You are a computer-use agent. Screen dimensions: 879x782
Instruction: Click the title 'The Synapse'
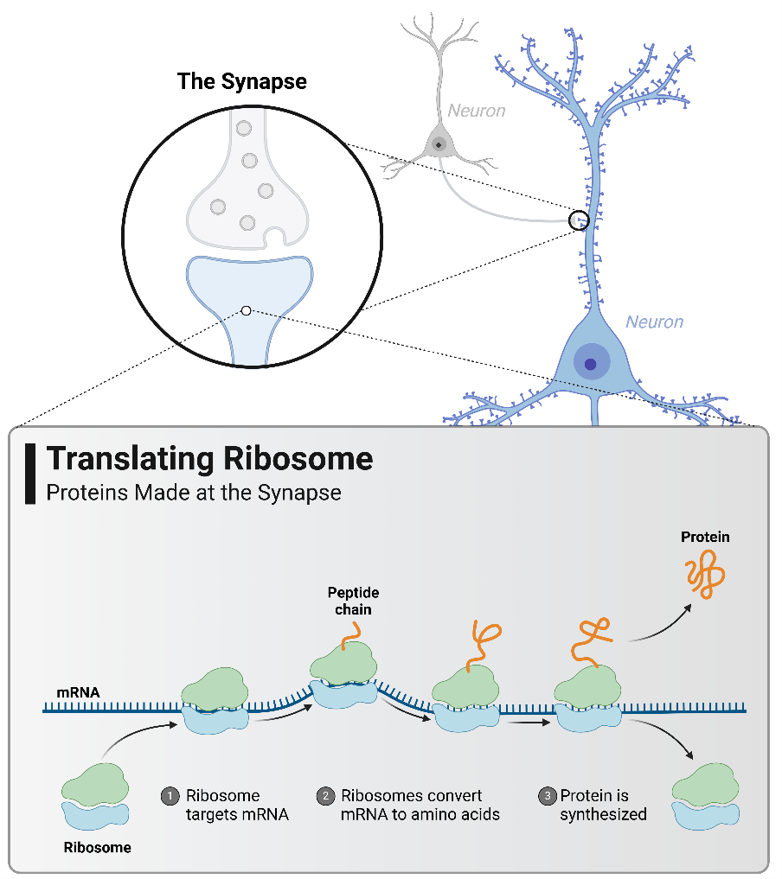coord(241,82)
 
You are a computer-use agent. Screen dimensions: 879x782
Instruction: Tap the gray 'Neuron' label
coord(476,111)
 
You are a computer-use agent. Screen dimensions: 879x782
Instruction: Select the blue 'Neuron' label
coord(654,322)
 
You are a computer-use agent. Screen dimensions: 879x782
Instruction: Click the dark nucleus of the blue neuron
coord(591,365)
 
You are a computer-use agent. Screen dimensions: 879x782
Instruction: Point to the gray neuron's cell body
coord(439,143)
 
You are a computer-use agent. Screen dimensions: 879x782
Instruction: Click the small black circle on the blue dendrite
coord(579,220)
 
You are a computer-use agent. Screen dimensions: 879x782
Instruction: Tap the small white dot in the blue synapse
coord(247,310)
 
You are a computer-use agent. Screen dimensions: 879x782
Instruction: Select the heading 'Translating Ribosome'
coord(209,458)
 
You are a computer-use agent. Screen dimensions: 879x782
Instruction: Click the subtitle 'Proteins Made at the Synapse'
coord(194,494)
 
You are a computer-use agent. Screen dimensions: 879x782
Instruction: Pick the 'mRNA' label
coord(78,691)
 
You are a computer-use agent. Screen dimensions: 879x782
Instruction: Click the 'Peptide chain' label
coord(353,601)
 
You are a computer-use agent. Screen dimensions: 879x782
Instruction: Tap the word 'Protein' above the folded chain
coord(705,537)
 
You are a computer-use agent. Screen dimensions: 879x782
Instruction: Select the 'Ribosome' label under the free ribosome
coord(98,847)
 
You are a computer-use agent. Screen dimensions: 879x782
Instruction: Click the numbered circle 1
coord(170,795)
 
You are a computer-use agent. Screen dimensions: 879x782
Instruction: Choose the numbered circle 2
coord(326,795)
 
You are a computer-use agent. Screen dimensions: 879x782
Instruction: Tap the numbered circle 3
coord(546,795)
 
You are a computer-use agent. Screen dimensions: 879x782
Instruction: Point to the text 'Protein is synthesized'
coord(603,805)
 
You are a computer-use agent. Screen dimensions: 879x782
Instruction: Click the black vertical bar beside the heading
coord(31,475)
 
